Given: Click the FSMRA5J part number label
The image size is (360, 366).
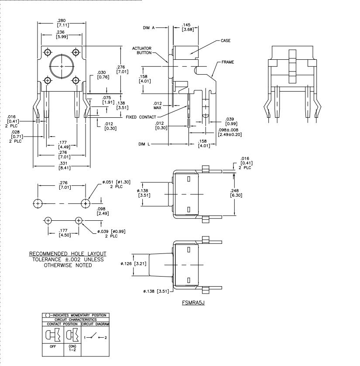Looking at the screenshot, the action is point(193,302).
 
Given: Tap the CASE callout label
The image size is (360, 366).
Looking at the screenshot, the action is point(226,41).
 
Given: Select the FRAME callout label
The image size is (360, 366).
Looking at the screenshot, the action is point(228,62).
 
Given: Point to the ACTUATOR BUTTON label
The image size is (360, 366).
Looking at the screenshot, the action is point(142,51).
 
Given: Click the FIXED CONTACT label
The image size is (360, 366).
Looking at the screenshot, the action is point(141,117).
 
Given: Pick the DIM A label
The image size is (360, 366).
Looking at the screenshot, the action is point(149,28).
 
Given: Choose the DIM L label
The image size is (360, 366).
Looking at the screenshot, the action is point(144,144).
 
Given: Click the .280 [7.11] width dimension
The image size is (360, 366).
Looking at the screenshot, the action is point(62,23).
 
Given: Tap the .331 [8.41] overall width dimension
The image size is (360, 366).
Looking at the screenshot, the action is point(64,165).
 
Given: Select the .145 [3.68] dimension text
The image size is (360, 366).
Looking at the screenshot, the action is point(188,27).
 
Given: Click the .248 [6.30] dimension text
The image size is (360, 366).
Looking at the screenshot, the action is point(236,193).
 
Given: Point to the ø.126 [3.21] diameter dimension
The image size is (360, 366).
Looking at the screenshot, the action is point(134,264).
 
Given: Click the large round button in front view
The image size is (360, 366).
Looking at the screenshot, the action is point(62,66).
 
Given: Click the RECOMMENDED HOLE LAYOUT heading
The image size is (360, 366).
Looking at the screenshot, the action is point(68,254).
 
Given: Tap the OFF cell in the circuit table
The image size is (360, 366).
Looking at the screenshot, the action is point(53,347).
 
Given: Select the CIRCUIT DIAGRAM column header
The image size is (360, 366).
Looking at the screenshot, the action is point(95,324).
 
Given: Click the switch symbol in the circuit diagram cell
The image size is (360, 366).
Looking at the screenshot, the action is point(95,337).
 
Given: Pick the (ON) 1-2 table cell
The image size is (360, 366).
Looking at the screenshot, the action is point(72,348).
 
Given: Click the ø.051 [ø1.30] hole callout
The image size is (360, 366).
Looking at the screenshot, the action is point(116,184).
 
